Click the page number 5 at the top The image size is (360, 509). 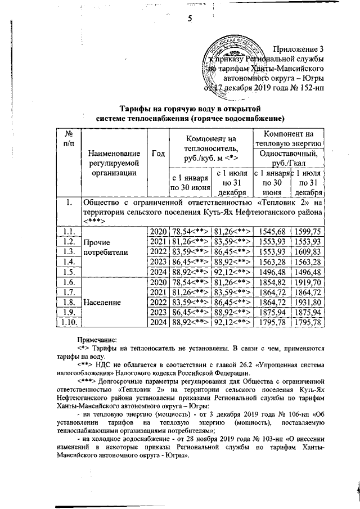pos(190,18)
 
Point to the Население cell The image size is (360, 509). pos(102,302)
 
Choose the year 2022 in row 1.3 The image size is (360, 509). pos(157,251)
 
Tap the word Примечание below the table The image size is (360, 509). pos(97,339)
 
